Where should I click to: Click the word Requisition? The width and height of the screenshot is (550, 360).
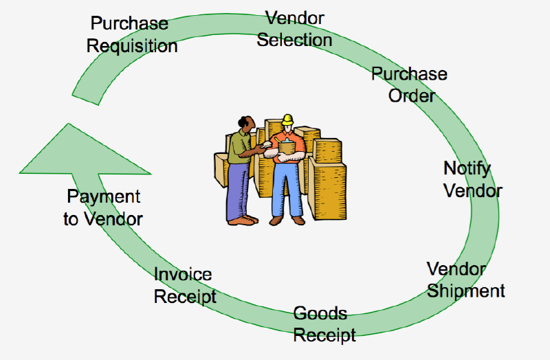coord(132,46)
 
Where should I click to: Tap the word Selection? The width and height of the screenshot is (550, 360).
coord(294,40)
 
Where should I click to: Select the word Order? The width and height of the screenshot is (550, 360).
coord(411,95)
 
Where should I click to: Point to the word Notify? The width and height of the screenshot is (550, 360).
coord(467,169)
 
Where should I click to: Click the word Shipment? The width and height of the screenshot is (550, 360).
coord(466,291)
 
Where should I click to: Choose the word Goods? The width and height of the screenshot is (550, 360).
coord(320,313)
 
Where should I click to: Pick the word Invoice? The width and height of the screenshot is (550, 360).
coord(183,274)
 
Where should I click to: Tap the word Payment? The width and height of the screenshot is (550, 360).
coord(104,197)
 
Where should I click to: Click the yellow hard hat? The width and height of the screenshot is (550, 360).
coord(287,120)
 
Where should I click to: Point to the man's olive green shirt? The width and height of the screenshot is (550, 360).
coord(239,146)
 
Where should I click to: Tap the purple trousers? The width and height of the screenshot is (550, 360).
coord(237,190)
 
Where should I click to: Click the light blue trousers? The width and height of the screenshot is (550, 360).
coord(287,190)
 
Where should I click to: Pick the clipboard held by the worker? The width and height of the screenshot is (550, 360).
coord(287,146)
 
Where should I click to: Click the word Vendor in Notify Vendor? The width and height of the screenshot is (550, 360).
coord(473,191)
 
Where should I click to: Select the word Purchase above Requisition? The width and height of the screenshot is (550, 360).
coord(129,23)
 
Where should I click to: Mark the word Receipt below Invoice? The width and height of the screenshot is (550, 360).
coord(185,297)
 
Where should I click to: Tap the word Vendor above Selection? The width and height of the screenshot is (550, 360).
coord(295,19)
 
